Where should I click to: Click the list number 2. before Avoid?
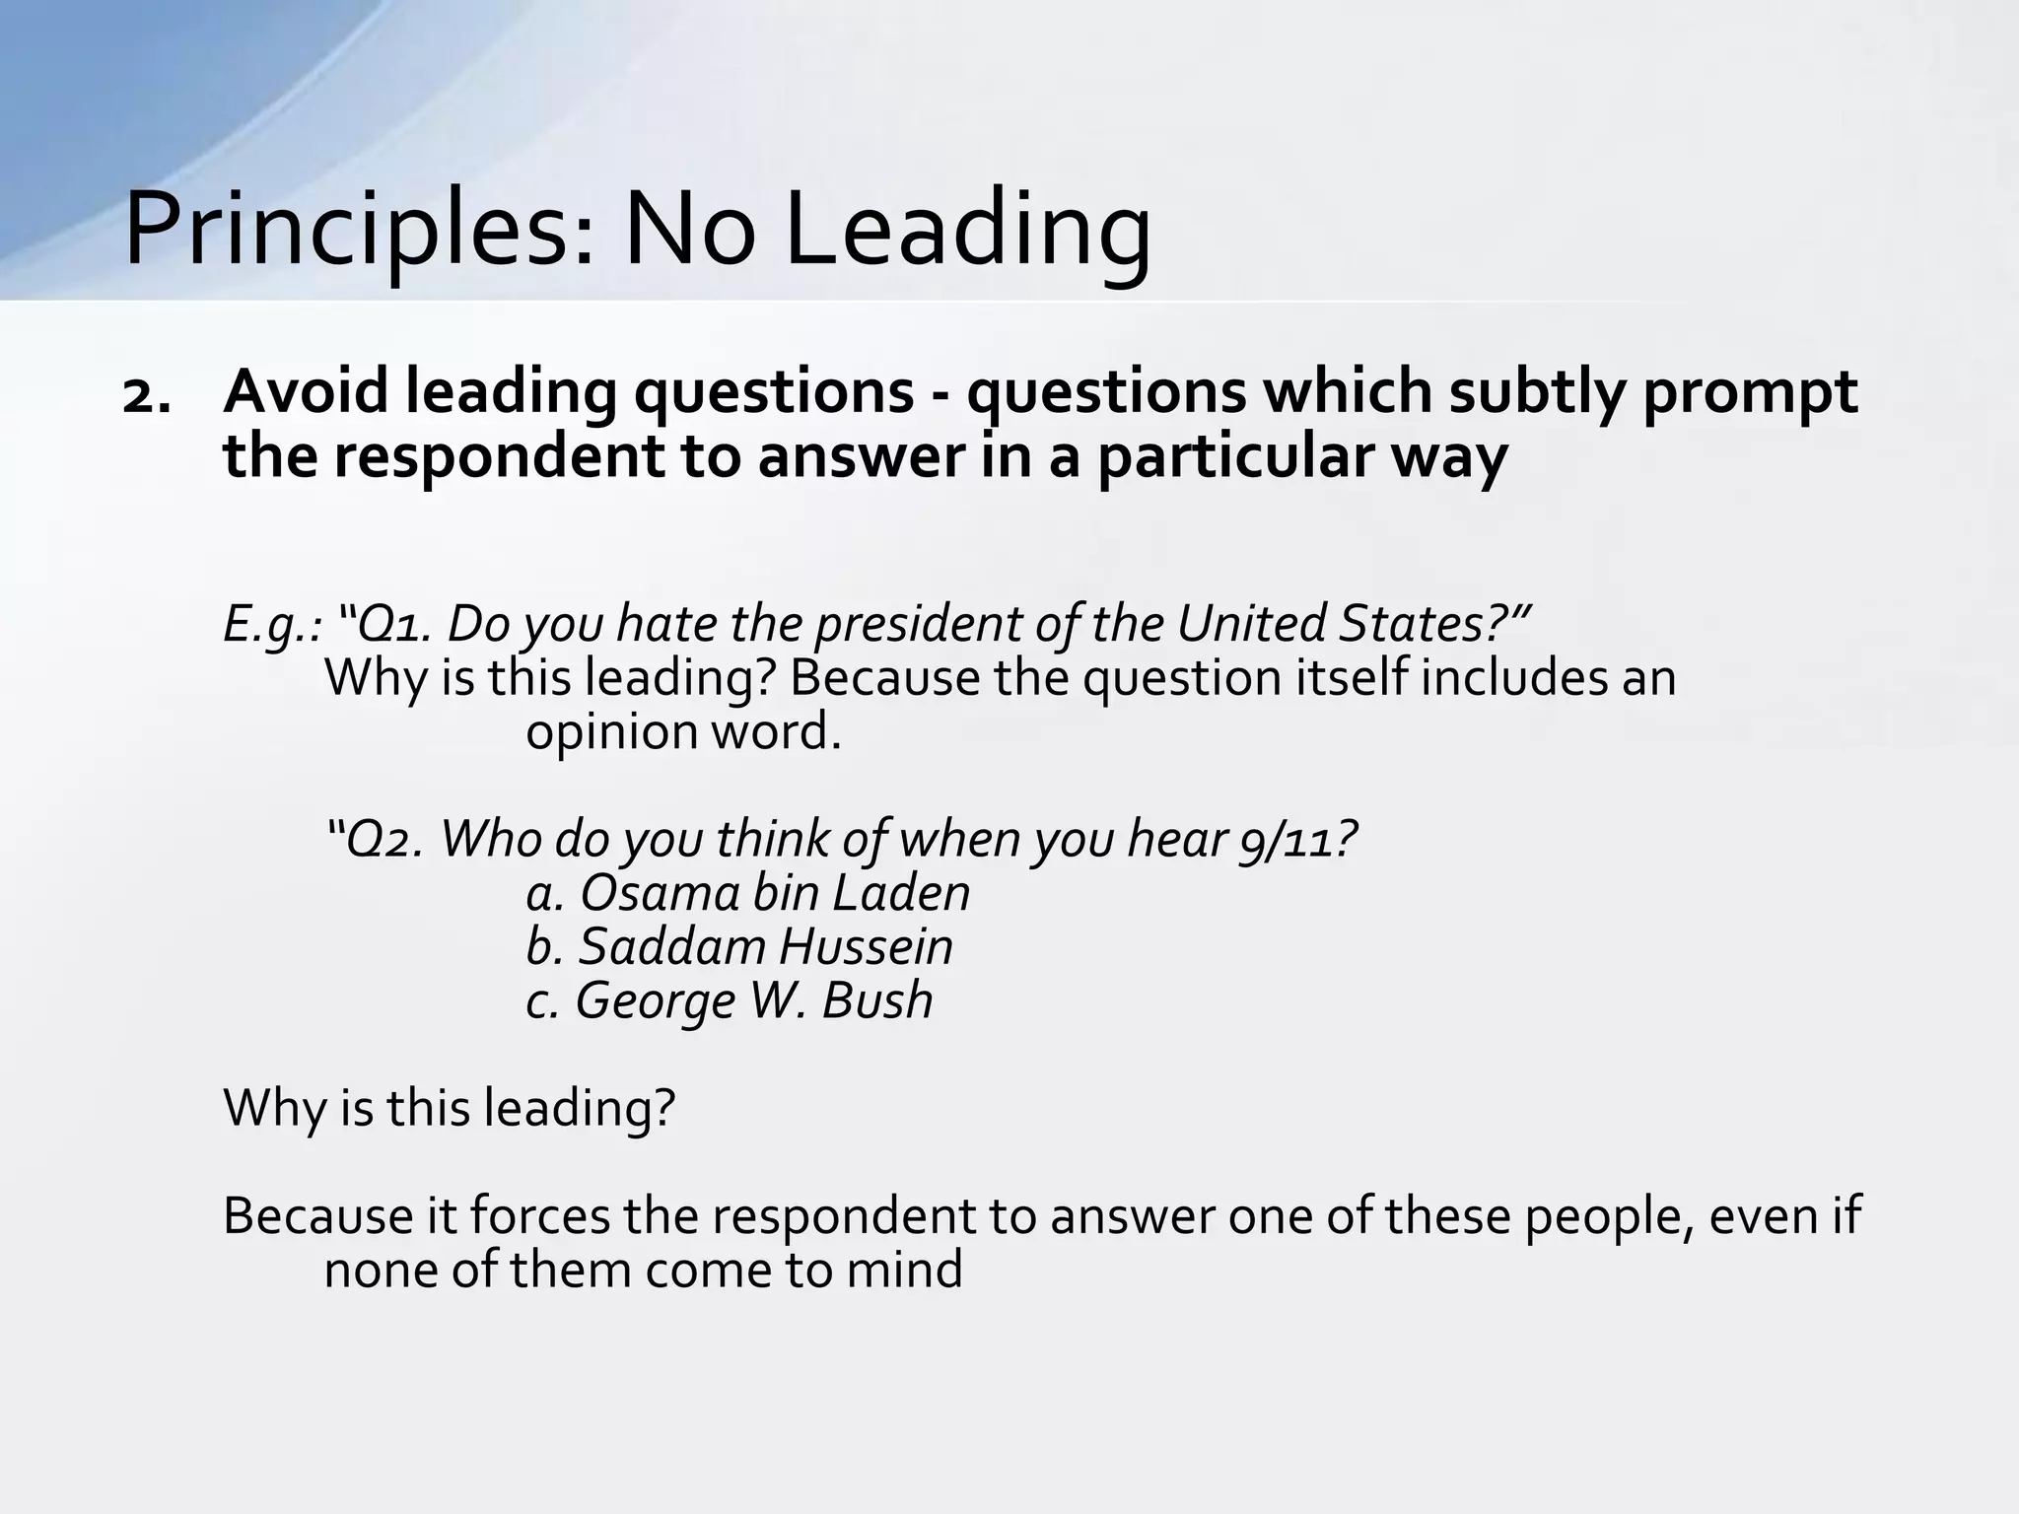point(146,395)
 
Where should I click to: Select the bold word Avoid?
point(309,391)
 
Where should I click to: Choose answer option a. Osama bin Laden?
point(748,893)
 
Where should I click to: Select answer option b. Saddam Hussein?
point(739,946)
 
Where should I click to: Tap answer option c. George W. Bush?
point(730,1000)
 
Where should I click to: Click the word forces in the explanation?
point(539,1215)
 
